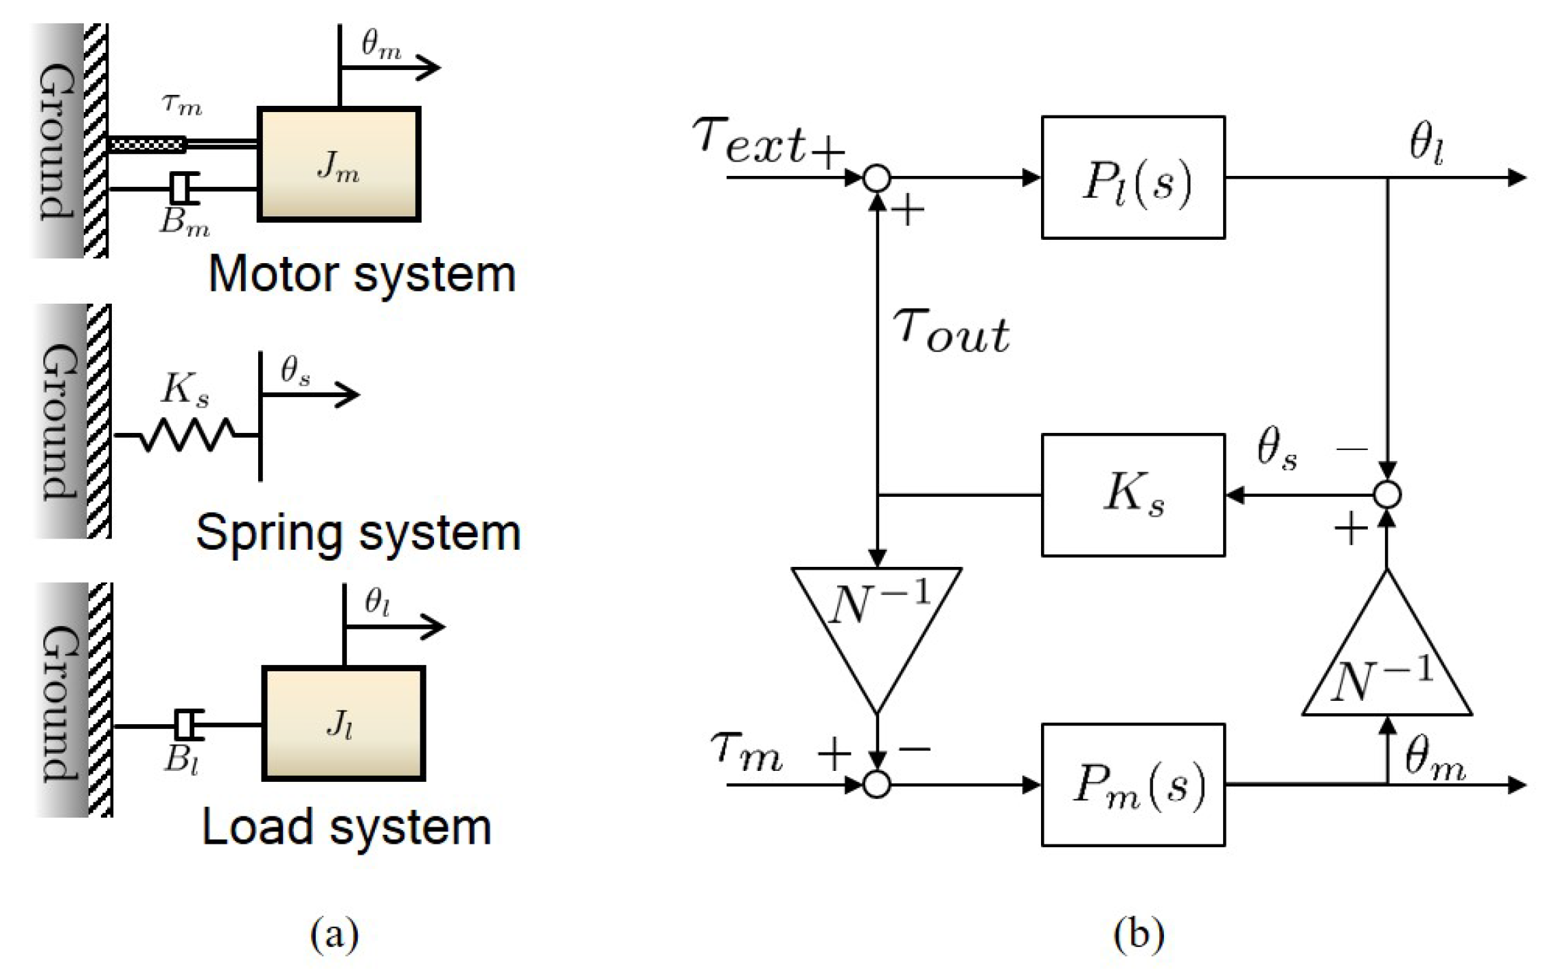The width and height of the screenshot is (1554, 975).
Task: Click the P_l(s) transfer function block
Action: (1133, 177)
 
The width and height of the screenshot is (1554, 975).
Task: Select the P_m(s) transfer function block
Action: (1133, 785)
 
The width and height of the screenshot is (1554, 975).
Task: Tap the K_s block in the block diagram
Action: (1133, 495)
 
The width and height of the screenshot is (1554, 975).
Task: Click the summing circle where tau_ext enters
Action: (877, 178)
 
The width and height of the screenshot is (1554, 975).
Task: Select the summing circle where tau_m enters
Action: (877, 785)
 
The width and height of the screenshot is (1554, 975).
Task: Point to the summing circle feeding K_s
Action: (1387, 495)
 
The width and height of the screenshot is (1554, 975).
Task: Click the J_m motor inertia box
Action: (339, 164)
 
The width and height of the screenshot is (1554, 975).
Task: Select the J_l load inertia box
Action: (343, 724)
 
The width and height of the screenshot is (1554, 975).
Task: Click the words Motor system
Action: (362, 274)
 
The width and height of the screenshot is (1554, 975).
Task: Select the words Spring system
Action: (358, 533)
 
